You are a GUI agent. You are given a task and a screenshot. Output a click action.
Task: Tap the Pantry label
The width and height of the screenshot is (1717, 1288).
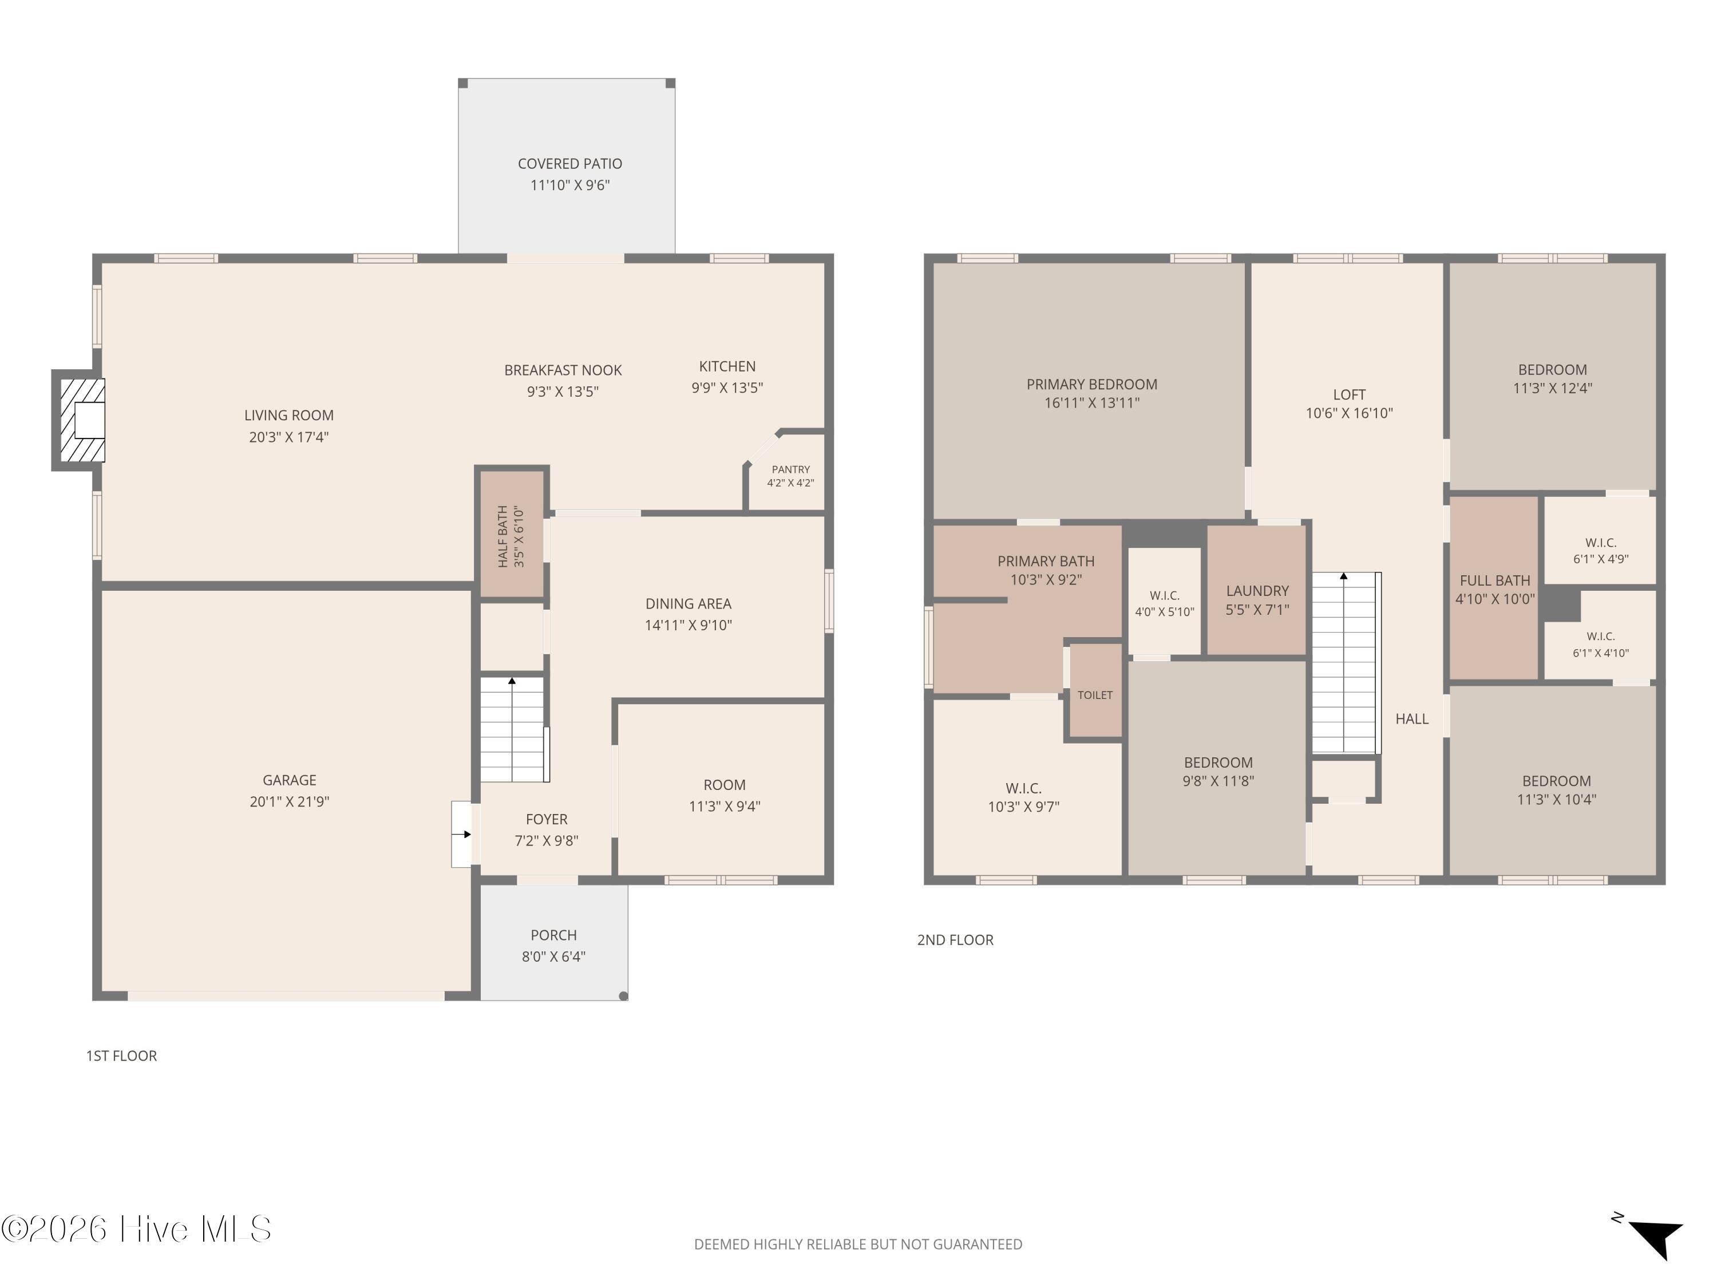790,469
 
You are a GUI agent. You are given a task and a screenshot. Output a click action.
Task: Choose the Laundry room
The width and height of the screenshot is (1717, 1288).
1257,590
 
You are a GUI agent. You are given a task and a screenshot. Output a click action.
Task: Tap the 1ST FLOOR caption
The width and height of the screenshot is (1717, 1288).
121,1056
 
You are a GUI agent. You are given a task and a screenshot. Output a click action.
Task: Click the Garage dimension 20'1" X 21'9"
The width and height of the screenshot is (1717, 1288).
290,801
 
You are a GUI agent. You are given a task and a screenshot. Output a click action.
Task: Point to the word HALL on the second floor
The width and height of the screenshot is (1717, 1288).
1412,719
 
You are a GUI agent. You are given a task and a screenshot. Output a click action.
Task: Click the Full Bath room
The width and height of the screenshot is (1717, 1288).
1494,588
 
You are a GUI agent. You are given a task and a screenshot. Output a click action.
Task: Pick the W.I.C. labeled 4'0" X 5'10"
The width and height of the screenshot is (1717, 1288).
1164,602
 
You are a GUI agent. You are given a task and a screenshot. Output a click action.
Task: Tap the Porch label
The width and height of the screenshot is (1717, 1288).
553,935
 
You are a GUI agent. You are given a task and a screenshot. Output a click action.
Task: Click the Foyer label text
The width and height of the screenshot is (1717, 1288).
547,819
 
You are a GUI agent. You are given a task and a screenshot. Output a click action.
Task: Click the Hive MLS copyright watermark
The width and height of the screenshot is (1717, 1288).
137,1228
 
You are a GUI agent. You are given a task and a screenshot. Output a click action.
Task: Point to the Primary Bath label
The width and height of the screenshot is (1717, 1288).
1046,560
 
